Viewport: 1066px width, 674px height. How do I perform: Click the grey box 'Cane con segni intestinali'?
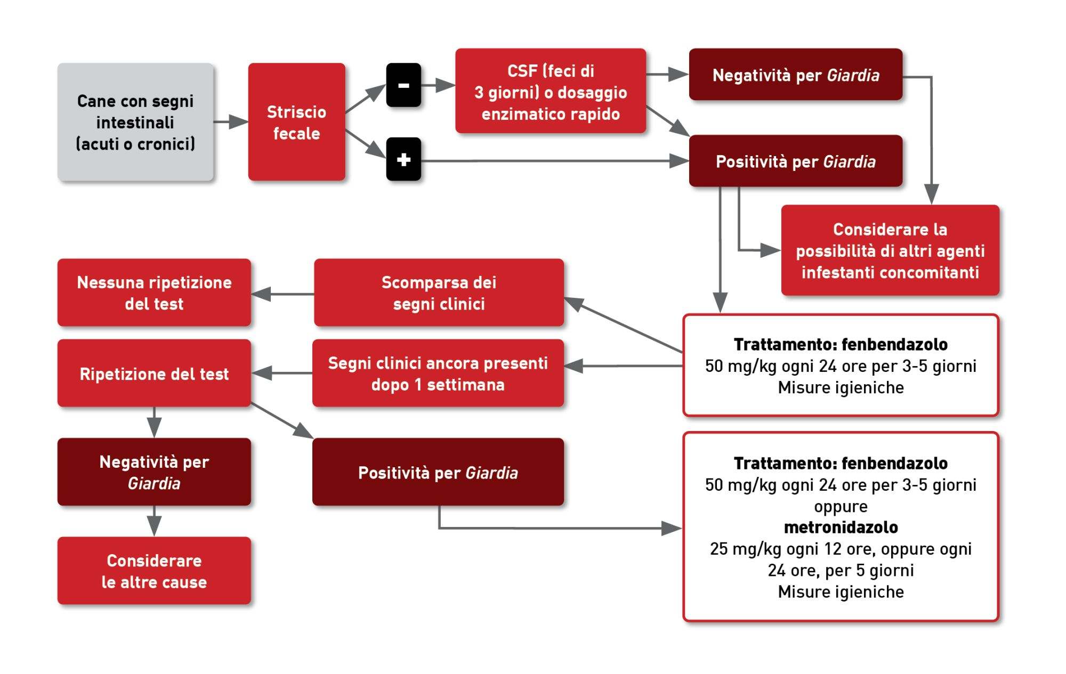[135, 122]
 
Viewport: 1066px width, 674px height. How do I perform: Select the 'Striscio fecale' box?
[296, 122]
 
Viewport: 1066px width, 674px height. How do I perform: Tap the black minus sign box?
[403, 85]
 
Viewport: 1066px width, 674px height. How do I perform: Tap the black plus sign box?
[403, 159]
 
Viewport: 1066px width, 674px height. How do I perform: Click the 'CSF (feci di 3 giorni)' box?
[550, 91]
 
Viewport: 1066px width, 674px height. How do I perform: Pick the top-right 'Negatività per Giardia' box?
[795, 75]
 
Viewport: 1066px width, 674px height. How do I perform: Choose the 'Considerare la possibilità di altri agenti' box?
[890, 250]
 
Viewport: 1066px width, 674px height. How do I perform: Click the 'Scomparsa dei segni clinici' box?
[439, 293]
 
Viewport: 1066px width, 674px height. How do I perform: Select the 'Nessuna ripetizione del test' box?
[154, 293]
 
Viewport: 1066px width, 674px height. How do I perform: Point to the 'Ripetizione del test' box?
[154, 373]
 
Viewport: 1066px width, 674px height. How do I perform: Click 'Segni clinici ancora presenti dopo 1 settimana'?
[438, 373]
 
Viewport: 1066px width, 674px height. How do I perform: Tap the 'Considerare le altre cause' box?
[154, 571]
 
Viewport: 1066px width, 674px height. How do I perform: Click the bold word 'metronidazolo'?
[841, 527]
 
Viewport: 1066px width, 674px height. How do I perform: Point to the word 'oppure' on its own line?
[841, 506]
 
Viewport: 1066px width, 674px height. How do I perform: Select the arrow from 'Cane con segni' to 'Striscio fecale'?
[231, 122]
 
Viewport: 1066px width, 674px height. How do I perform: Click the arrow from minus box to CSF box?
[438, 85]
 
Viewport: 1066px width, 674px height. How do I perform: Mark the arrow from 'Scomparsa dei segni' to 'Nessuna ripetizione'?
[282, 294]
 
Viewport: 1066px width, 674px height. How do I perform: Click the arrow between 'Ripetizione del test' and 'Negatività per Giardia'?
[154, 423]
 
